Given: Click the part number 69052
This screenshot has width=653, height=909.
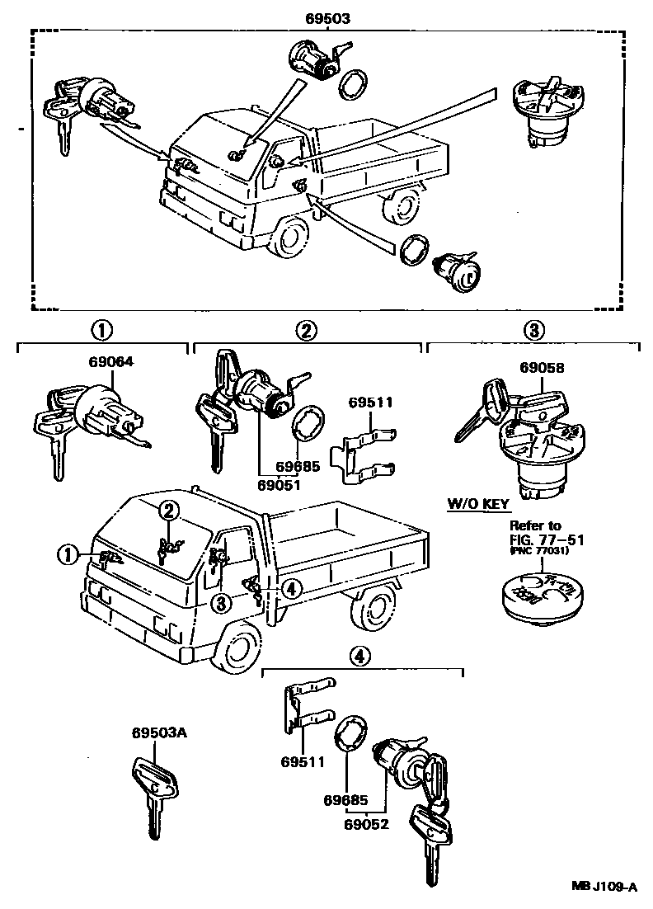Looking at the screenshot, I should pos(367,822).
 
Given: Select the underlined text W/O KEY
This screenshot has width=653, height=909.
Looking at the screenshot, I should pos(478,503).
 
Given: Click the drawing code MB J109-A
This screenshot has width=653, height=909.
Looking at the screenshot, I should pos(604,888).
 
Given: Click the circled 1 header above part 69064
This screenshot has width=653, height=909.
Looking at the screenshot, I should pos(101,331).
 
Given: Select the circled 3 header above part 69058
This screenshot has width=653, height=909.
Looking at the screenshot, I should pos(533,331).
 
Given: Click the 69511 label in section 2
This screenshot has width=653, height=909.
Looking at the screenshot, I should pos(371,403).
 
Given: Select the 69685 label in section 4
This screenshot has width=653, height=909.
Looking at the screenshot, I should pos(345,800).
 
